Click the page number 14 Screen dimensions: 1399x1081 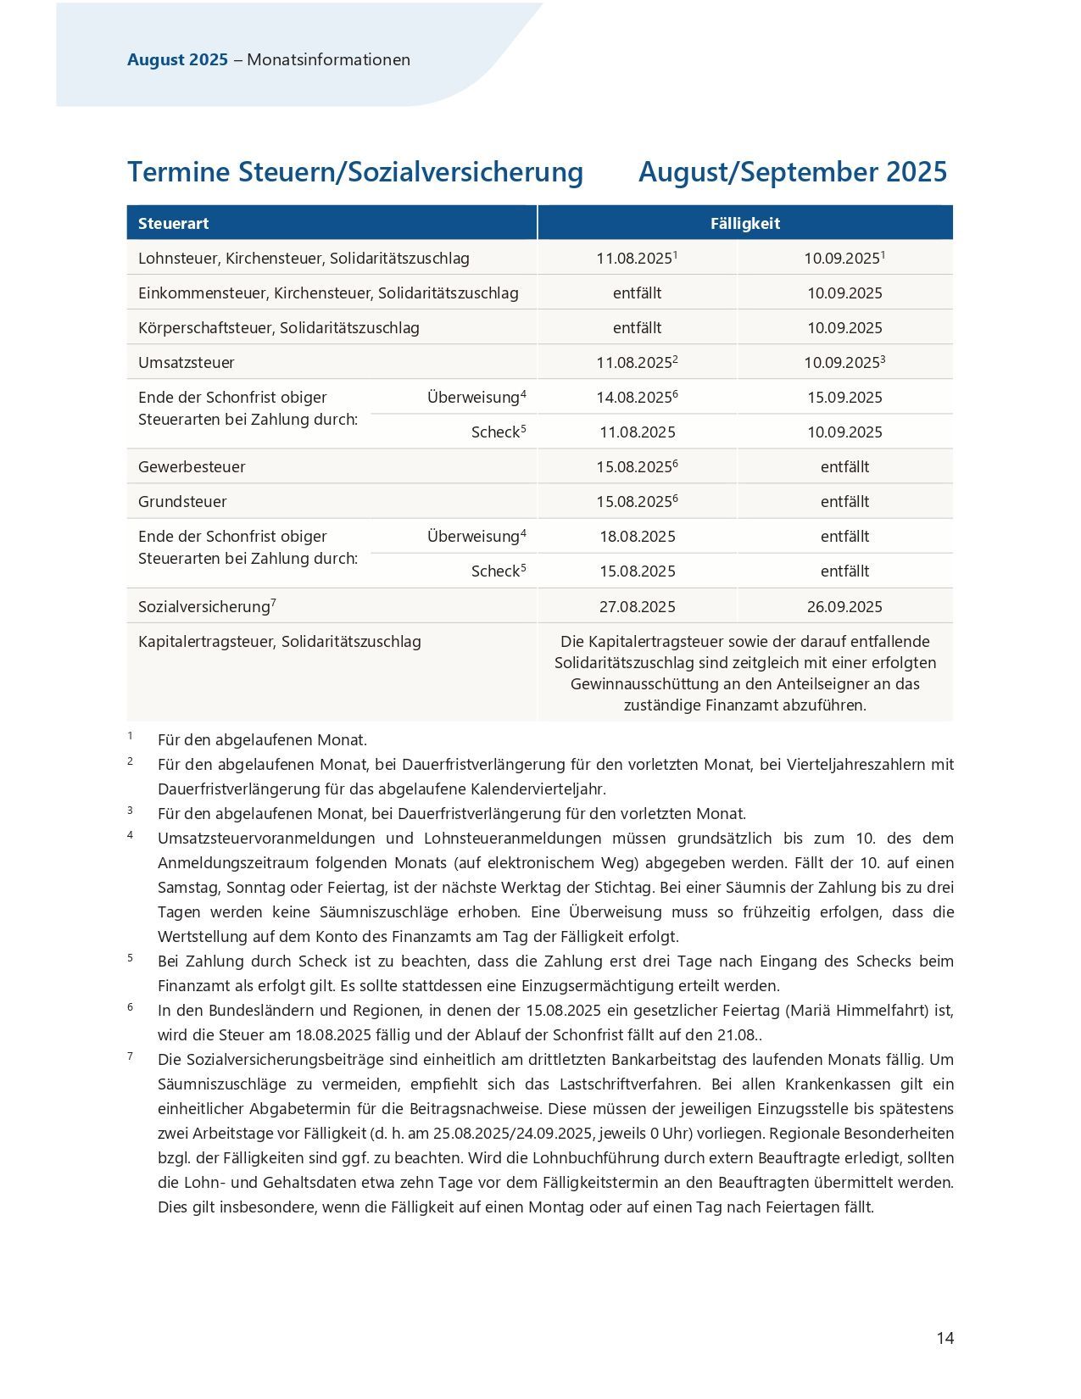[945, 1338]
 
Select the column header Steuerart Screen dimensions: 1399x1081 [173, 223]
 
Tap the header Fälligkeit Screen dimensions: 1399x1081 [744, 223]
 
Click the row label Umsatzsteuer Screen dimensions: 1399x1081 [187, 362]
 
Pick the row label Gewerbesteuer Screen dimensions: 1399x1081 [192, 466]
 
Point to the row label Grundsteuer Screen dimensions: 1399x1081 [182, 501]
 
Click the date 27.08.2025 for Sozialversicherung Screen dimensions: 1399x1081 [637, 606]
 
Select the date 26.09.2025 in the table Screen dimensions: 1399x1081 [844, 606]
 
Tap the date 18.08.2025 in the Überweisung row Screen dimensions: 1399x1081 [637, 536]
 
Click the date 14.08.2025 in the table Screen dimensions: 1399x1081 [634, 397]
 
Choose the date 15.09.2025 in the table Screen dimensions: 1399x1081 [844, 397]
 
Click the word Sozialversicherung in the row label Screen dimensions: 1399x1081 [203, 607]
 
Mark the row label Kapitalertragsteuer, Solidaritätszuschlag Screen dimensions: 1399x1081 [279, 641]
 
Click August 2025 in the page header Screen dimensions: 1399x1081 [177, 59]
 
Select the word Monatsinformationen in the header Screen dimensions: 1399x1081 [328, 59]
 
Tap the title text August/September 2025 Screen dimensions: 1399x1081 [792, 171]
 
